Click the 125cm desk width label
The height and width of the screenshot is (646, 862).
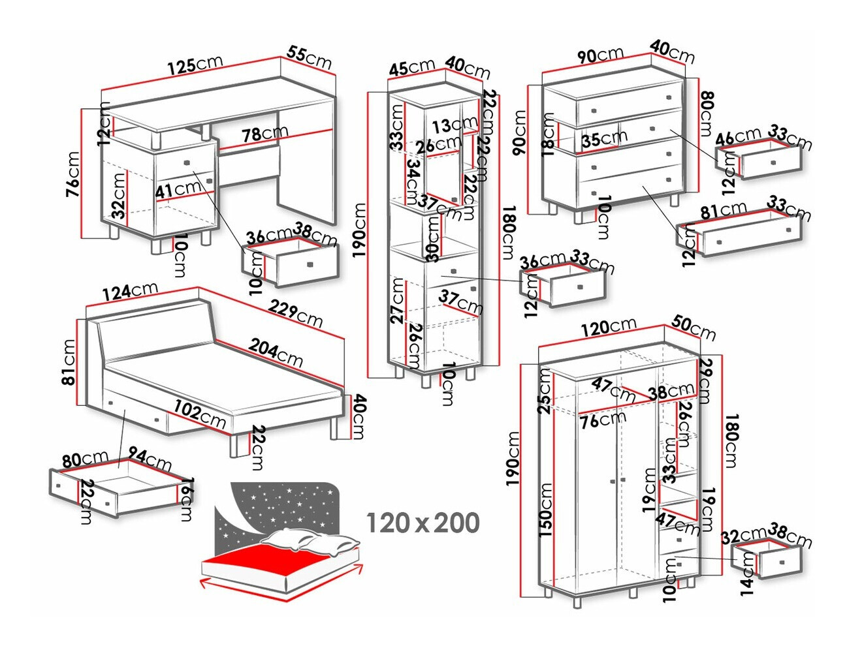pos(195,65)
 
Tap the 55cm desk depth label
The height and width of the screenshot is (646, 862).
pos(309,57)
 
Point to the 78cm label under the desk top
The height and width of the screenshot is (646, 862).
pos(264,134)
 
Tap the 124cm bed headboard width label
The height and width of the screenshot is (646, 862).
pos(129,292)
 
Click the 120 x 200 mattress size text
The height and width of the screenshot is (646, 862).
pos(423,523)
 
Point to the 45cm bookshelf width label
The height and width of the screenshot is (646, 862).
pos(411,67)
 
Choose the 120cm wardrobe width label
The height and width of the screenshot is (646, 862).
pos(608,327)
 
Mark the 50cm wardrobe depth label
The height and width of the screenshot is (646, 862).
pos(694,328)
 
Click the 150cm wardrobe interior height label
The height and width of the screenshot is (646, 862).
pos(545,509)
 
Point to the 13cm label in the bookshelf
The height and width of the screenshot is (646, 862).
pos(455,124)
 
